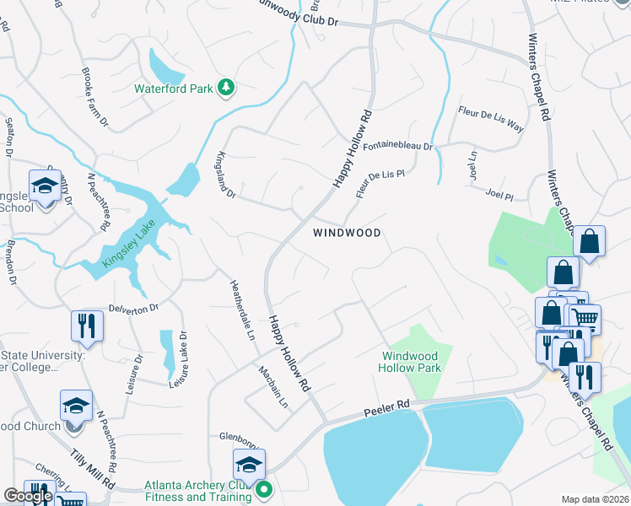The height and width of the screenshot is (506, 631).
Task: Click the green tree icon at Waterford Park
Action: tap(226, 87)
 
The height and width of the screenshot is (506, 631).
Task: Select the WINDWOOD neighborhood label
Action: tap(347, 232)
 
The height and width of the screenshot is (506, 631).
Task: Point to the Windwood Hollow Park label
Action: tap(412, 363)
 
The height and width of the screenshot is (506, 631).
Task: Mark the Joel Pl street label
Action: tap(499, 195)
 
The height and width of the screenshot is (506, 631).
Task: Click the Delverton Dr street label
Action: tap(133, 309)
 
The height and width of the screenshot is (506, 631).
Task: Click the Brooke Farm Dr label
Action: tap(94, 98)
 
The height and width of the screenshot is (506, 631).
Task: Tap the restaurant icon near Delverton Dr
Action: tap(87, 326)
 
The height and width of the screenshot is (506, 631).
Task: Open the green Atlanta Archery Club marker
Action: tap(264, 489)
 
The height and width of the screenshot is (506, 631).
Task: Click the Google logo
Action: tap(28, 496)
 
